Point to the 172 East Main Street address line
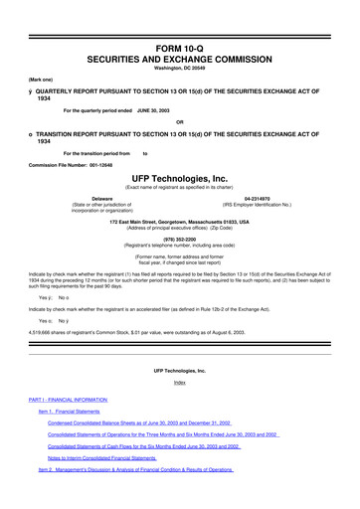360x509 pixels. pyautogui.click(x=180, y=220)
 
